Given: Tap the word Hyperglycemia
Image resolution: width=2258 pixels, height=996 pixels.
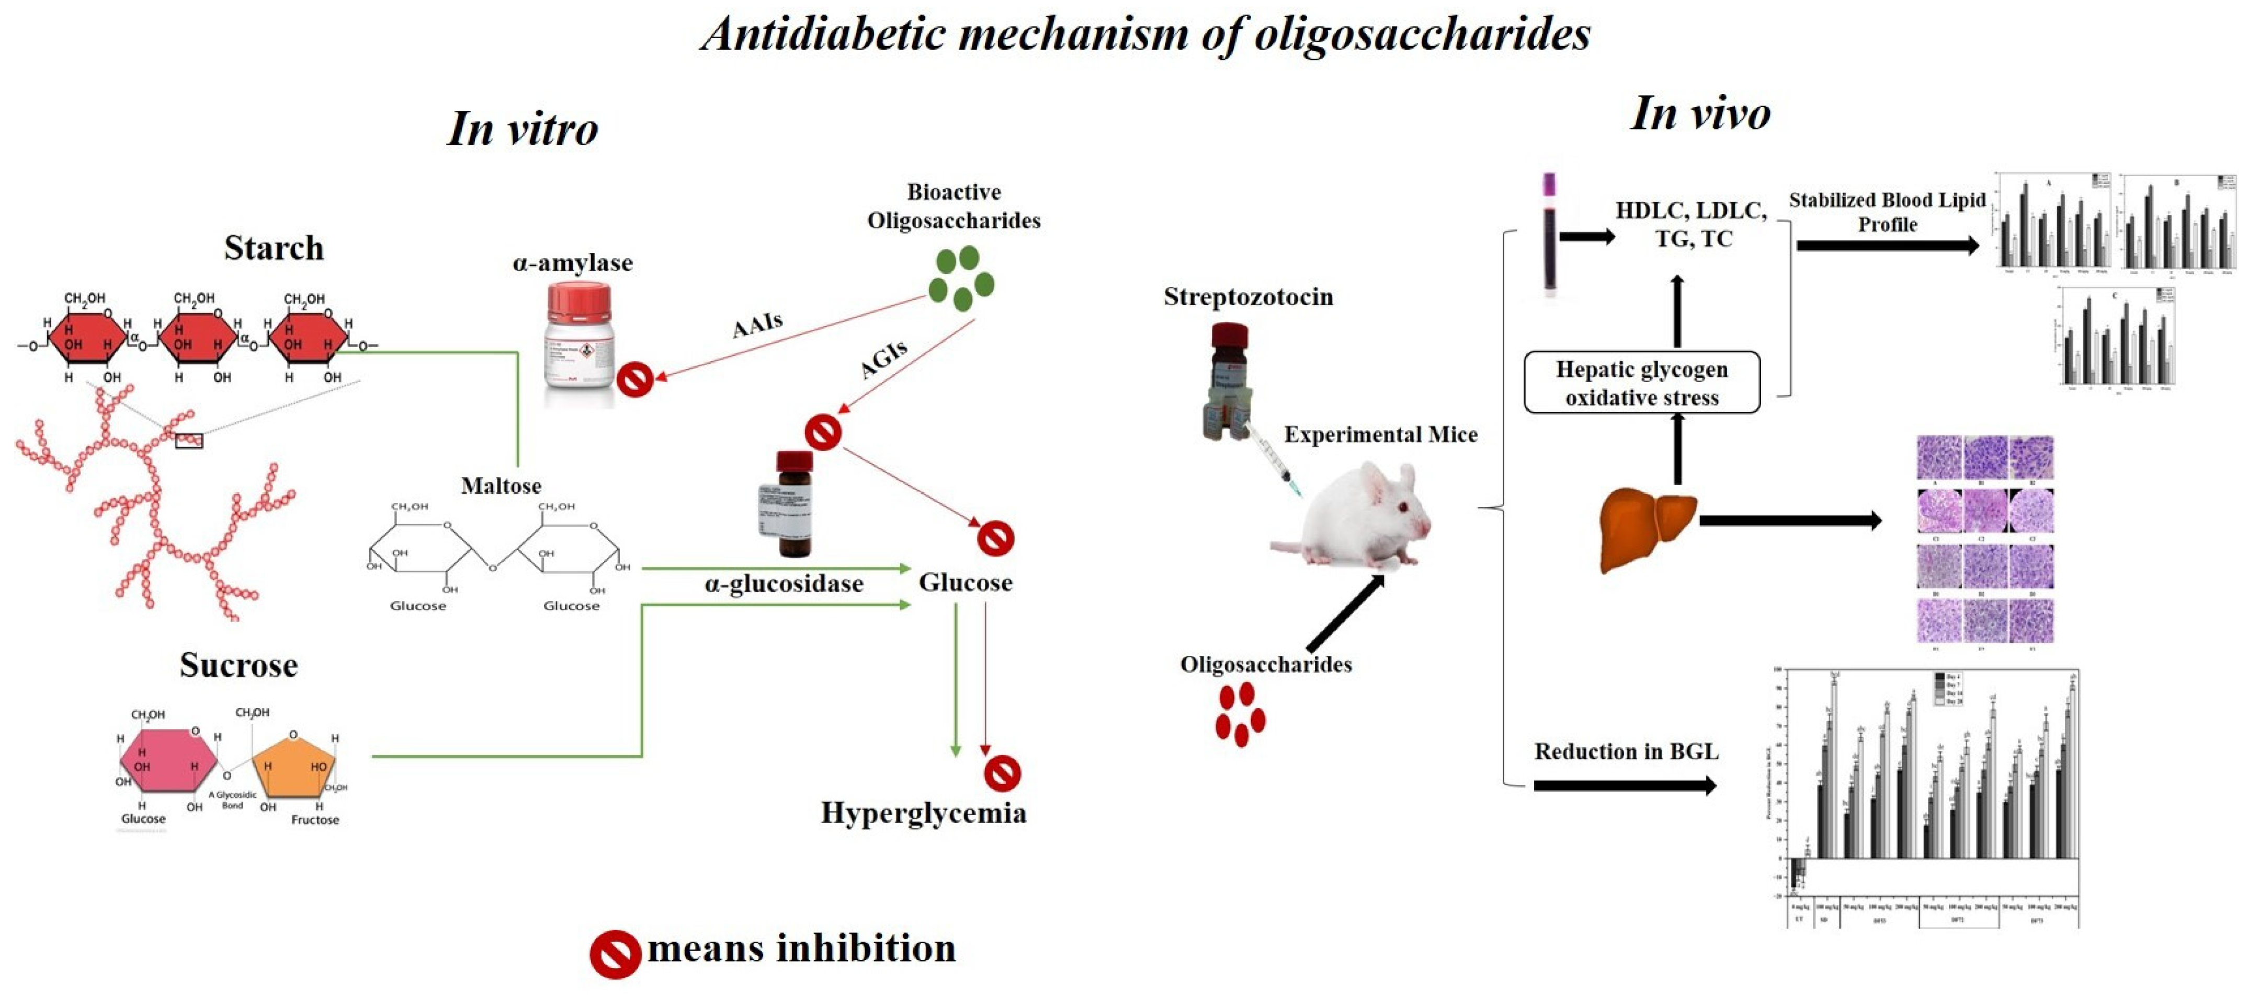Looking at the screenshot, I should coord(923,813).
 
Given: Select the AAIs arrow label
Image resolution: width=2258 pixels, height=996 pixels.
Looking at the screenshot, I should coord(757,325).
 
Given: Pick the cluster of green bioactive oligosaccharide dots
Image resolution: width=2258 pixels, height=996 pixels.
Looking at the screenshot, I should coord(961,277).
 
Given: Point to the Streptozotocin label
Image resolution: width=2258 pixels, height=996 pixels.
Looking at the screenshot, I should coord(1247,297).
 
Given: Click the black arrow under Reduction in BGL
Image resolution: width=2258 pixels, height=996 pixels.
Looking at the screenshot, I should coord(1624,786).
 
